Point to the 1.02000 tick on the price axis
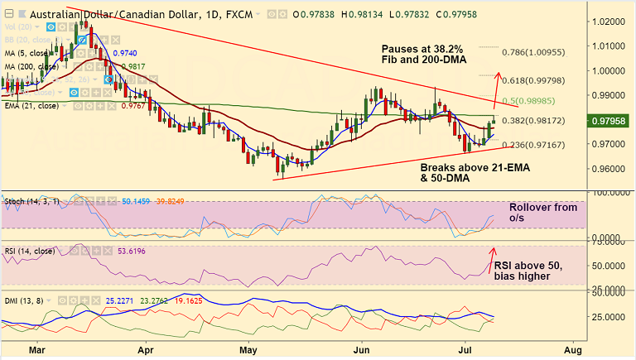[x=611, y=20]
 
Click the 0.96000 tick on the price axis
[x=611, y=169]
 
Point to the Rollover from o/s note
[x=542, y=213]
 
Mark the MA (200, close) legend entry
[x=31, y=66]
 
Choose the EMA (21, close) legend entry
[x=32, y=105]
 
